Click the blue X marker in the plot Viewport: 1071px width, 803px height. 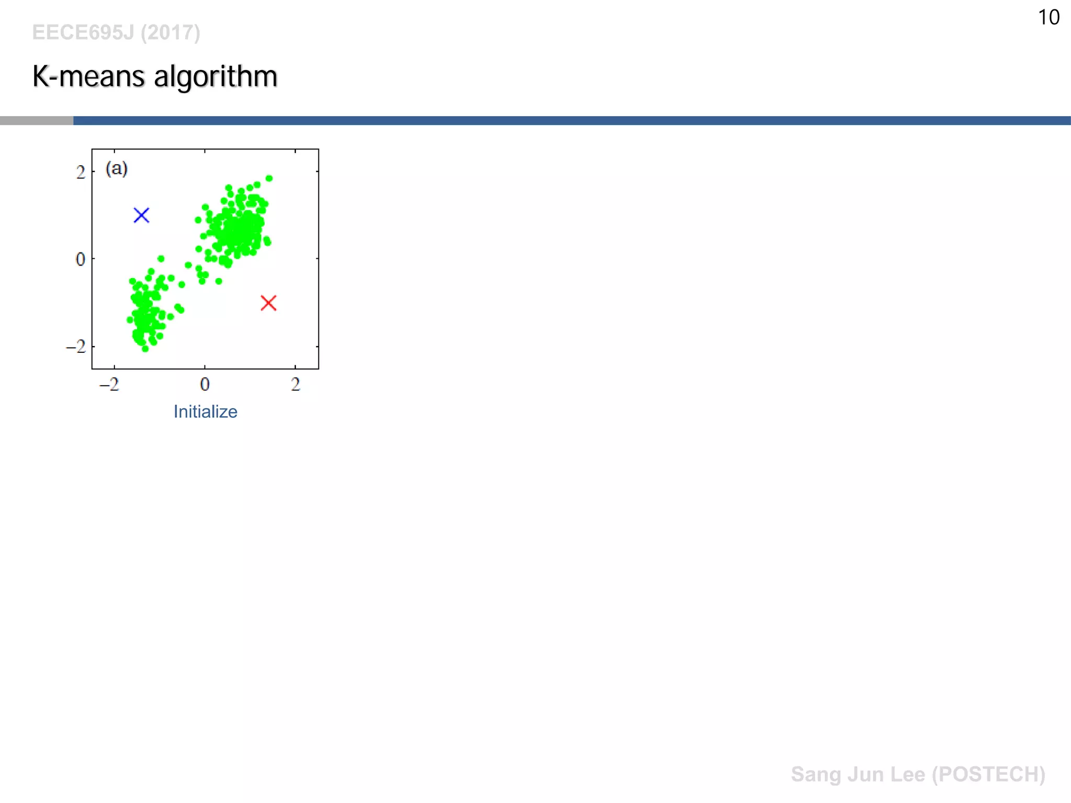pos(141,215)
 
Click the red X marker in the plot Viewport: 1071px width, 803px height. pos(268,303)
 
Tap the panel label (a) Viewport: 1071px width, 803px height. pos(117,168)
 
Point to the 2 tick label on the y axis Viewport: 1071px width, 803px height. pos(80,172)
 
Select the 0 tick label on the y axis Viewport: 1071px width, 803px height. pos(80,259)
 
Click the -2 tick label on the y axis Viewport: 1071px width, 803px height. pos(76,346)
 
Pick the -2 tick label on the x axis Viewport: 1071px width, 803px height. pos(110,385)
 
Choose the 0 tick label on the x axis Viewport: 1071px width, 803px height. pos(204,385)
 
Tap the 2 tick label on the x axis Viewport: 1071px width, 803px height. pos(295,385)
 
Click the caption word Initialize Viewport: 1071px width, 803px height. pos(205,411)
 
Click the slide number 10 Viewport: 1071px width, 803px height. pos(1048,17)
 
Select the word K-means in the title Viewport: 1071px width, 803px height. pos(88,76)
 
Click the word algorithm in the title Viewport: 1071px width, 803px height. pos(215,76)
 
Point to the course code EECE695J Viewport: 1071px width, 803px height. pos(83,32)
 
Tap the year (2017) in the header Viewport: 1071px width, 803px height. pos(170,32)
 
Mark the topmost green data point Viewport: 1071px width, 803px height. pos(269,178)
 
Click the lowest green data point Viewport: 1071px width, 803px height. pos(145,349)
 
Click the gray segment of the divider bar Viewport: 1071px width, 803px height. pos(37,121)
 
